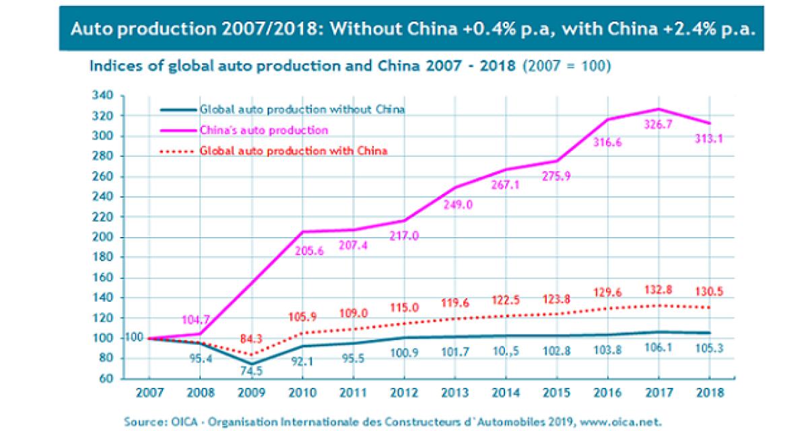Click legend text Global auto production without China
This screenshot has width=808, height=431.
tap(302, 109)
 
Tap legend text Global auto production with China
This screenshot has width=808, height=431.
tap(293, 150)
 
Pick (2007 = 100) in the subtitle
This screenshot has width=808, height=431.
tap(566, 67)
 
